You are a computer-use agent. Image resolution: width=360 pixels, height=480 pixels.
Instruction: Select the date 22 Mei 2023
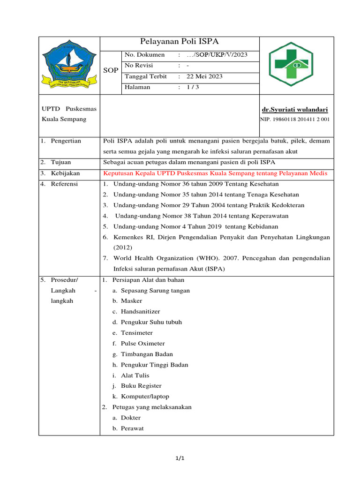(x=204, y=76)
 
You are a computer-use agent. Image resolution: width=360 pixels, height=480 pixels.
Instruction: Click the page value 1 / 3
(x=193, y=87)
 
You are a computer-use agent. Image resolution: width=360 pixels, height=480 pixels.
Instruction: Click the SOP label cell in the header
(x=111, y=70)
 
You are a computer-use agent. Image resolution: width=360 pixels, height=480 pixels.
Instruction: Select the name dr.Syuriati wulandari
(x=295, y=109)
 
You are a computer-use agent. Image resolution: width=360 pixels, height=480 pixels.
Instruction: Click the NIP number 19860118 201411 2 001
(x=295, y=120)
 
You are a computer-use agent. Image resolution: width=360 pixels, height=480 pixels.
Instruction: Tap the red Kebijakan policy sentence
(x=215, y=173)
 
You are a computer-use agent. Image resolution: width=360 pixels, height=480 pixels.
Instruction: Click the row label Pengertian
(x=66, y=141)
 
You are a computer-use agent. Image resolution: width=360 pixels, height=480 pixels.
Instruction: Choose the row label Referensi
(x=65, y=184)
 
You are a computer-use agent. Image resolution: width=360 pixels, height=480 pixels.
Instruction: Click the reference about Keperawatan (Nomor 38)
(x=202, y=216)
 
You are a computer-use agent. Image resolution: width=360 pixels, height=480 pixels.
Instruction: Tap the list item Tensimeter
(x=136, y=333)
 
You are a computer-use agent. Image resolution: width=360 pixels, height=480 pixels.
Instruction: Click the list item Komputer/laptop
(x=144, y=397)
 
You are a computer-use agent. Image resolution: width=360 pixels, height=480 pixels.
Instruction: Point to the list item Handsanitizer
(x=140, y=311)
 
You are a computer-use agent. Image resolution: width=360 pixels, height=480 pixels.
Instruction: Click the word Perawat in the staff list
(x=132, y=428)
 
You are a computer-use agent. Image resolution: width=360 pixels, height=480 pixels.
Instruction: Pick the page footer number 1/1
(x=180, y=458)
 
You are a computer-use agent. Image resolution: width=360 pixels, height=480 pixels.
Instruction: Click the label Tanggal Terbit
(x=146, y=76)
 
